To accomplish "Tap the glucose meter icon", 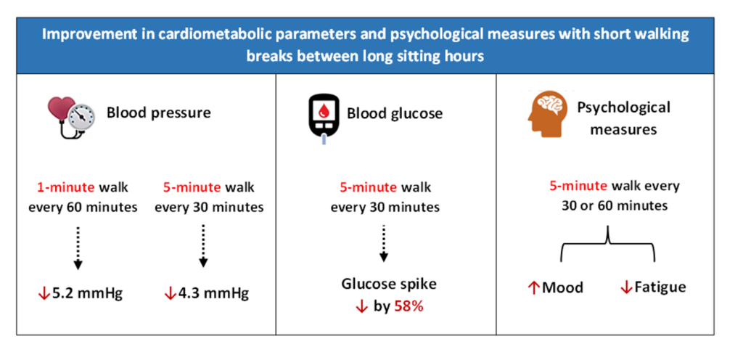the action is tap(324, 117).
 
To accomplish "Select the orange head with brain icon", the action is tap(548, 113).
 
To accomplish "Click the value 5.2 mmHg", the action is tap(86, 294).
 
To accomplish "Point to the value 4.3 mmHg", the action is tap(214, 294).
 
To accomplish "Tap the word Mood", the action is tap(562, 287).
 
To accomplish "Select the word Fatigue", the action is tap(660, 287).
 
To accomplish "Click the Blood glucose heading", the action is tap(395, 114).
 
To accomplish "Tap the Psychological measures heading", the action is tap(623, 118).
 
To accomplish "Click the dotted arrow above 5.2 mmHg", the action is tap(79, 247).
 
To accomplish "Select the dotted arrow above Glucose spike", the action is tap(385, 242).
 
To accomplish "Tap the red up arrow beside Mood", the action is tap(534, 287).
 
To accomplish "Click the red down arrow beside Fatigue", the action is tap(625, 287).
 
